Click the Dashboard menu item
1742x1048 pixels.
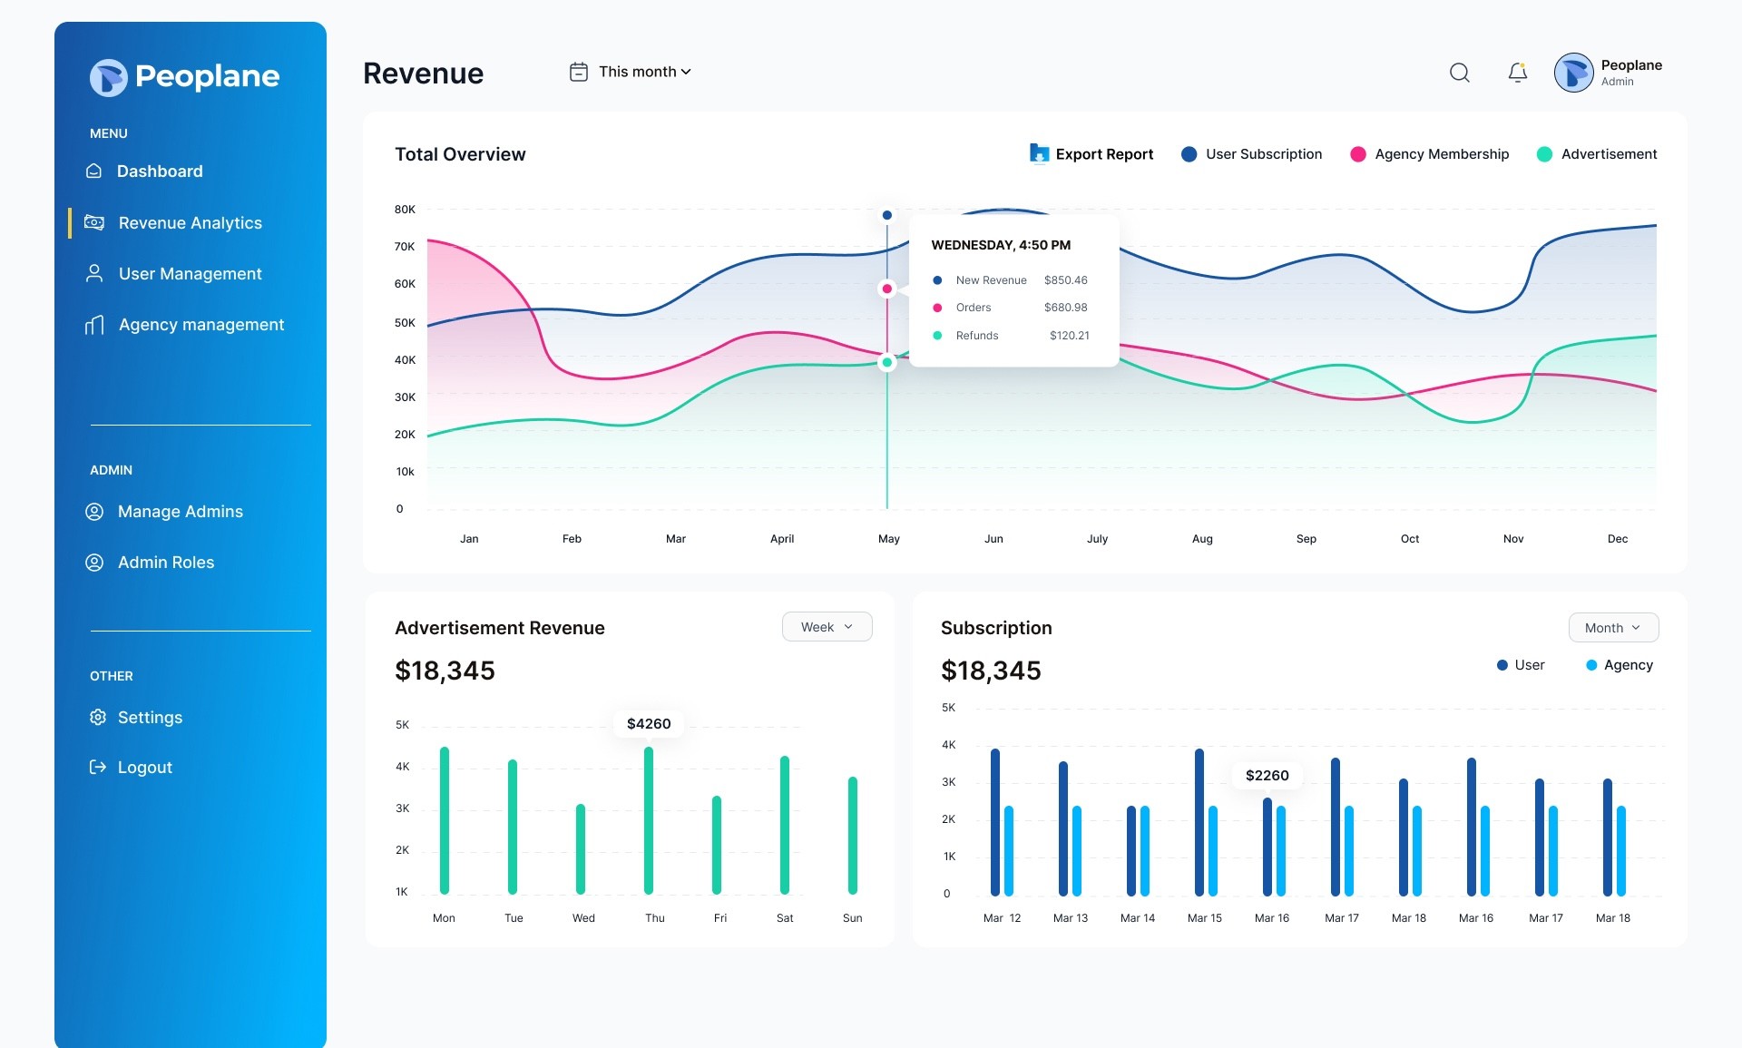(x=144, y=171)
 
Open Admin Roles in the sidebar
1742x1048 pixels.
(x=150, y=563)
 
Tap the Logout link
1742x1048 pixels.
(x=131, y=768)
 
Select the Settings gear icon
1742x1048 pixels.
(x=98, y=718)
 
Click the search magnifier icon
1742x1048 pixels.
(x=1460, y=73)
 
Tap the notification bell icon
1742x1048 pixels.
(x=1518, y=73)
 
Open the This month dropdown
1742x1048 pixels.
(x=631, y=72)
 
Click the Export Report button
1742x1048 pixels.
(x=1091, y=154)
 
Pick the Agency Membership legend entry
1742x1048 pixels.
(x=1430, y=154)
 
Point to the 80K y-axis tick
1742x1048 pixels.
(x=405, y=210)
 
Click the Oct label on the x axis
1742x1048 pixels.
(x=1410, y=539)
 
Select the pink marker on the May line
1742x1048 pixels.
(x=887, y=289)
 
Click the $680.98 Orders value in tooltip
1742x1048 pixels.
(x=1066, y=308)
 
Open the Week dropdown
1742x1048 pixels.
(x=827, y=627)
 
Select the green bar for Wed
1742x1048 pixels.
(x=581, y=849)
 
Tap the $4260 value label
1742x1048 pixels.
(x=649, y=724)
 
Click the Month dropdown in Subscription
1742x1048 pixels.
(x=1614, y=628)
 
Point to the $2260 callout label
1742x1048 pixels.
(x=1267, y=776)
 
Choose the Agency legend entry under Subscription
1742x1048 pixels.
(x=1620, y=665)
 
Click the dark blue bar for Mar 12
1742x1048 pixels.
(x=995, y=822)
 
